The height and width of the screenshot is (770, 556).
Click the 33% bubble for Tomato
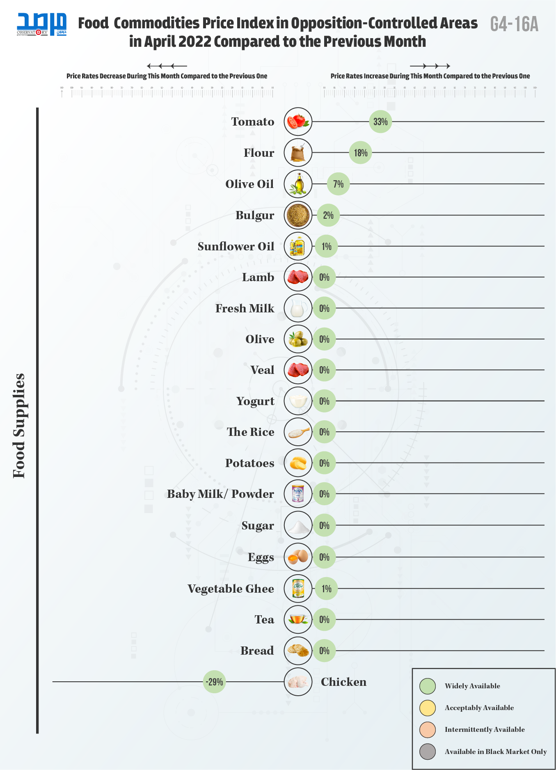click(380, 121)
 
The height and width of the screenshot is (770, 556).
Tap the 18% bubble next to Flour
click(360, 153)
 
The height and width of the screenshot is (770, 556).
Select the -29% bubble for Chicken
click(214, 682)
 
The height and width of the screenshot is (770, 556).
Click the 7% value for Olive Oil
click(338, 184)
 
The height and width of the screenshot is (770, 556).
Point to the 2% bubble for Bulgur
click(328, 215)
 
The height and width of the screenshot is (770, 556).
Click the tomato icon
click(298, 121)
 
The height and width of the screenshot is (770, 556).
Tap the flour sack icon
click(298, 153)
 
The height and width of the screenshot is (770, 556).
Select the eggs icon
click(298, 557)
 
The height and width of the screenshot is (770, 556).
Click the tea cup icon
click(298, 619)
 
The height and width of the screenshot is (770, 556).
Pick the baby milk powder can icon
click(298, 494)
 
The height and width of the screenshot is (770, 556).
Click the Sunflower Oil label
click(236, 246)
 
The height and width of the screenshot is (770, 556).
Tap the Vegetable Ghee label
click(231, 589)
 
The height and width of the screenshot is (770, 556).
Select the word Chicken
click(343, 682)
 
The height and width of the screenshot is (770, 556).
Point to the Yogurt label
click(255, 401)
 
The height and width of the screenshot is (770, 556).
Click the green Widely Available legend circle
click(428, 686)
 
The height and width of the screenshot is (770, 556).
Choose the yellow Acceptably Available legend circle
click(428, 708)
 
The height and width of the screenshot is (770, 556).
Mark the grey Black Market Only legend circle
click(428, 752)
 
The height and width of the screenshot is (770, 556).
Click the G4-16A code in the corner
click(514, 24)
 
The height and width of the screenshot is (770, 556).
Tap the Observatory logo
click(41, 25)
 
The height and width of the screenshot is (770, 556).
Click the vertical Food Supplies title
click(19, 426)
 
